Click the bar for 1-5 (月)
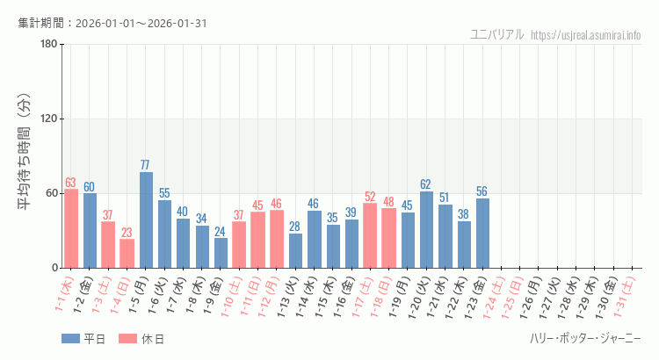pyautogui.click(x=146, y=220)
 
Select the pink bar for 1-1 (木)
pyautogui.click(x=71, y=228)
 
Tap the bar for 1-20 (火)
pyautogui.click(x=427, y=229)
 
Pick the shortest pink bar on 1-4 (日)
pyautogui.click(x=127, y=253)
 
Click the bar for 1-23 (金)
pyautogui.click(x=482, y=233)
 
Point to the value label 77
pyautogui.click(x=146, y=165)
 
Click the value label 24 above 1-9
pyautogui.click(x=221, y=232)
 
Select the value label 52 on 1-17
pyautogui.click(x=370, y=197)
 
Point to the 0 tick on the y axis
pyautogui.click(x=54, y=268)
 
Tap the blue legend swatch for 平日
pyautogui.click(x=70, y=339)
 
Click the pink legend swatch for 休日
pyautogui.click(x=127, y=339)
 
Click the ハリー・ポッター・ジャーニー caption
pyautogui.click(x=585, y=339)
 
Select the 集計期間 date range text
pyautogui.click(x=112, y=23)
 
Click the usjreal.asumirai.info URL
pyautogui.click(x=586, y=34)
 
